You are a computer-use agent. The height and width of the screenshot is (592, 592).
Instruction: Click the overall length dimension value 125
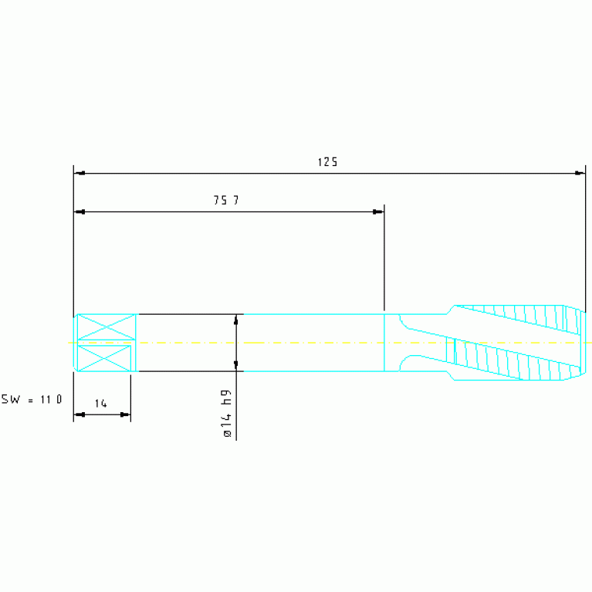(x=327, y=162)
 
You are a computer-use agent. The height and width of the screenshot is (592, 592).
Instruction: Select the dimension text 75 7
(x=226, y=200)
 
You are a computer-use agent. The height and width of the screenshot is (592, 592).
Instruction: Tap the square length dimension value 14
(x=101, y=404)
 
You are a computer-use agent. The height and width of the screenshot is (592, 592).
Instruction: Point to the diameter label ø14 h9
(x=227, y=414)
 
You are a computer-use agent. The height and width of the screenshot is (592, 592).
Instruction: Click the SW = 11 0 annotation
(x=32, y=399)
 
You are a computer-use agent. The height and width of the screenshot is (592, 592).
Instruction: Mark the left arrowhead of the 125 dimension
(x=79, y=174)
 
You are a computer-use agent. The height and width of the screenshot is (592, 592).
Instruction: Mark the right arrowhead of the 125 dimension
(x=580, y=174)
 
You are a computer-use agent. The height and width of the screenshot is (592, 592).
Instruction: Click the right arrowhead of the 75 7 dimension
(x=378, y=211)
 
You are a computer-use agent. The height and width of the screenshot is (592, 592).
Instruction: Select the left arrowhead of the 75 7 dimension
(x=79, y=211)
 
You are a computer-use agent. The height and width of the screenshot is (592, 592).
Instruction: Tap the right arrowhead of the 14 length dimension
(x=125, y=414)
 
